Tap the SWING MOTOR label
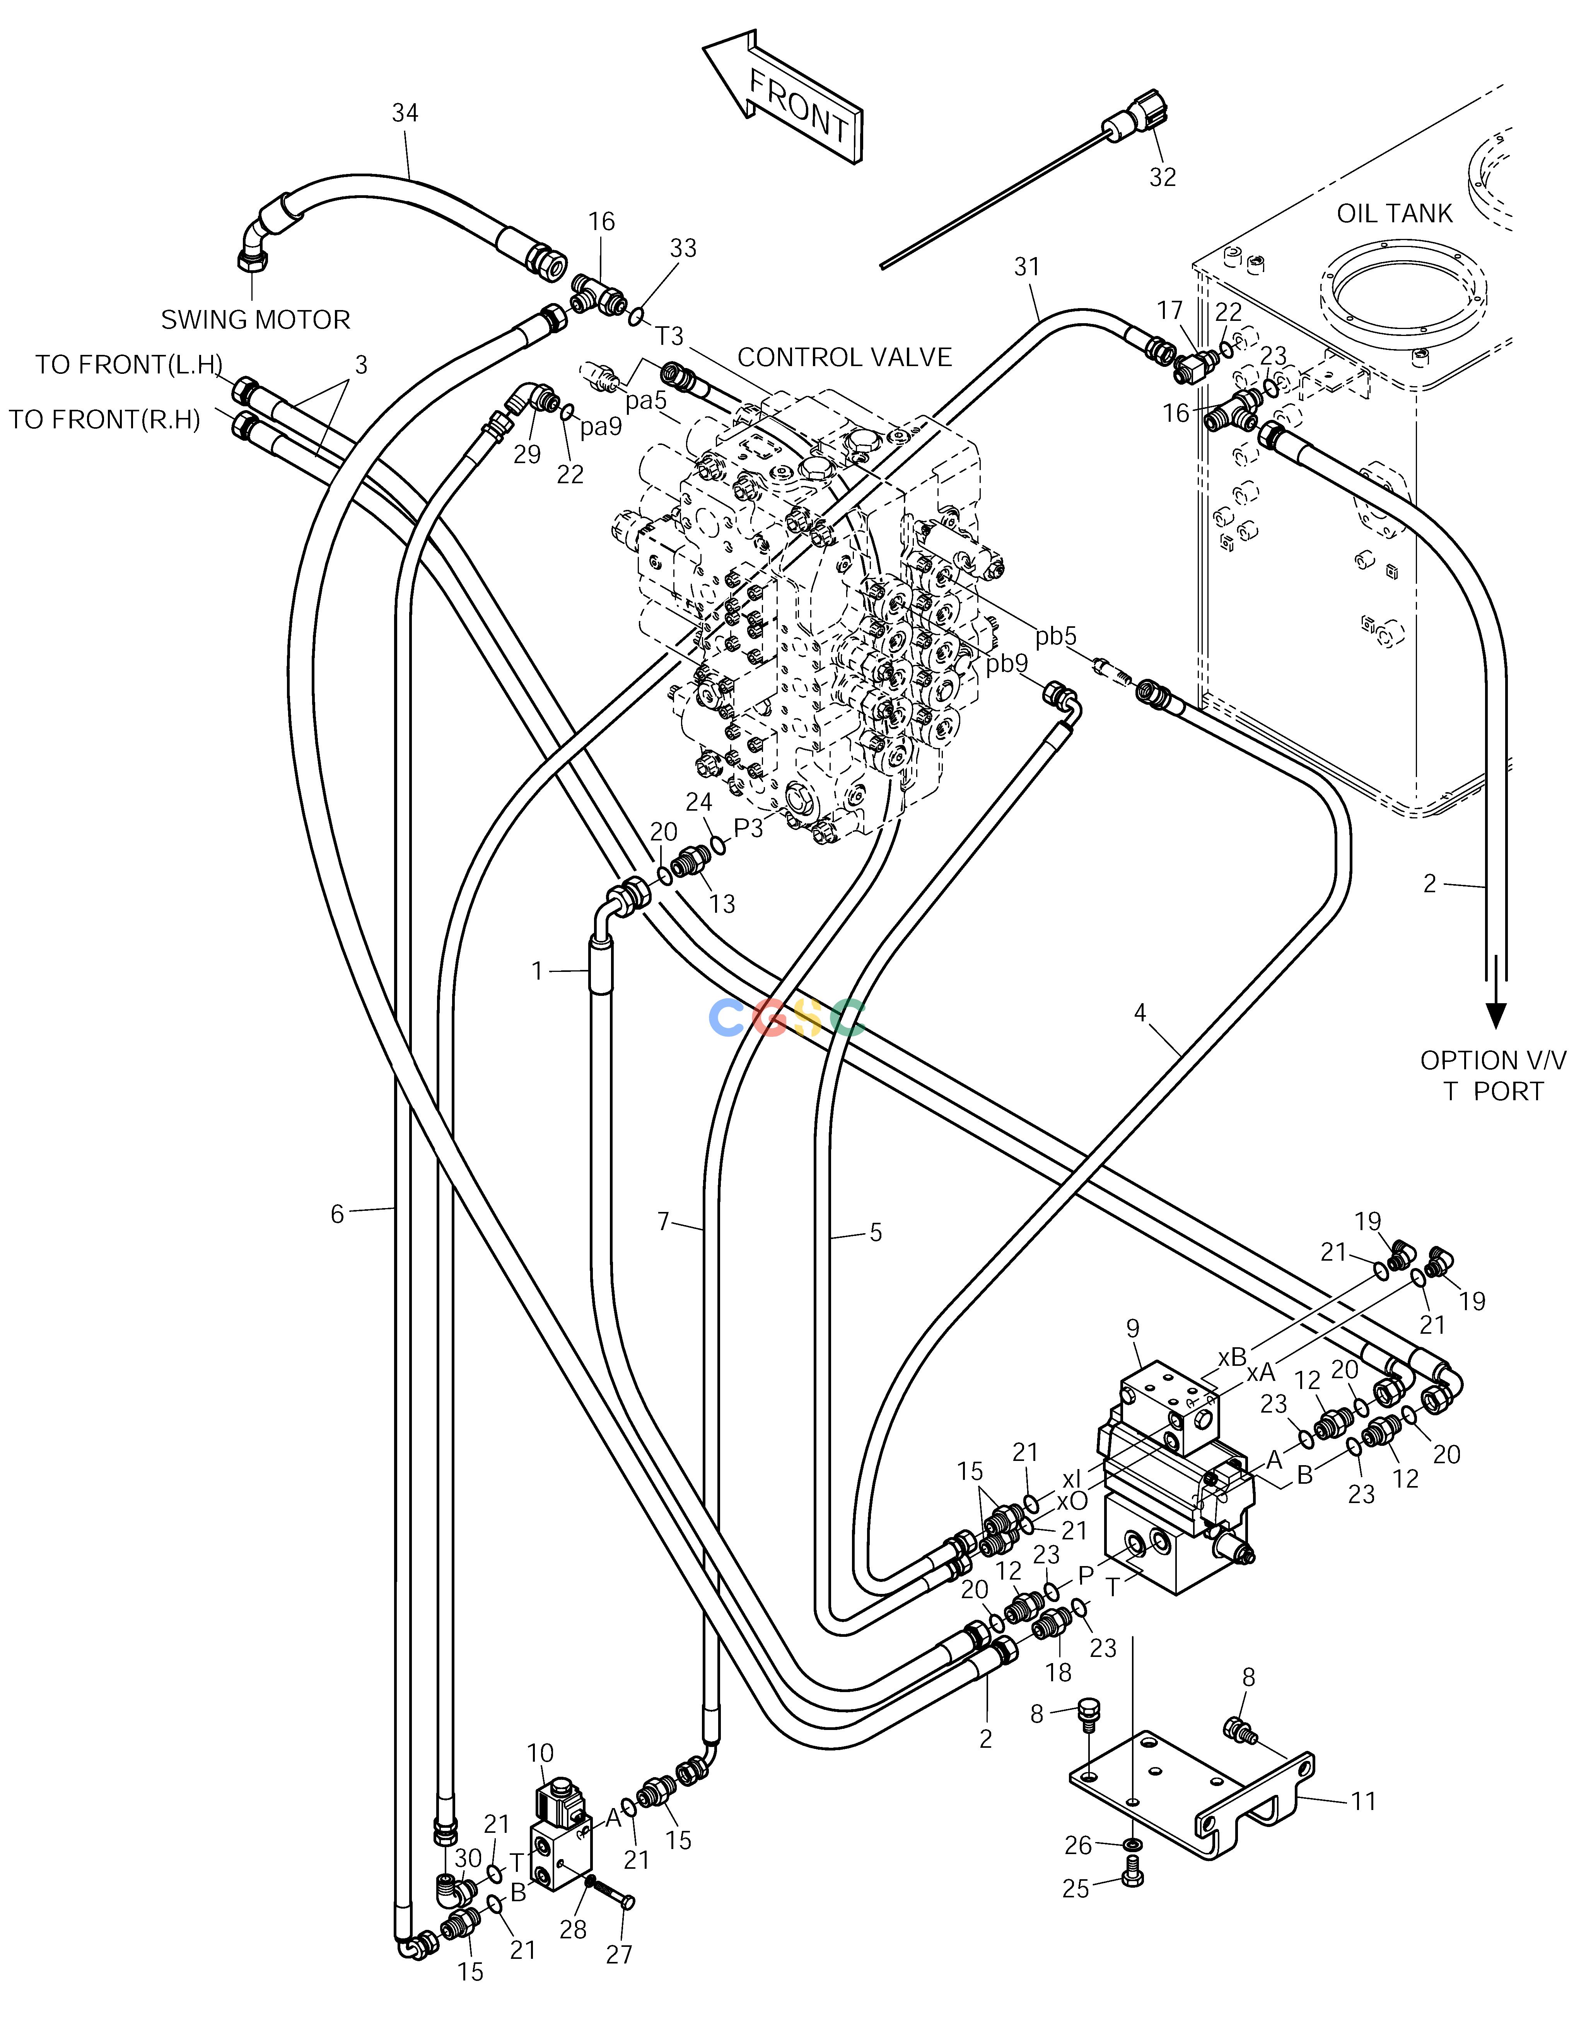click(255, 320)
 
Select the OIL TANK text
click(1394, 213)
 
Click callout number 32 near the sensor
click(1162, 177)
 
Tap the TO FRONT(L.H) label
click(130, 364)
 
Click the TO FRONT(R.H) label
click(104, 420)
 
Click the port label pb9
click(1007, 663)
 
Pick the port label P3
click(748, 827)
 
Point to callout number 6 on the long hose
click(337, 1213)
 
